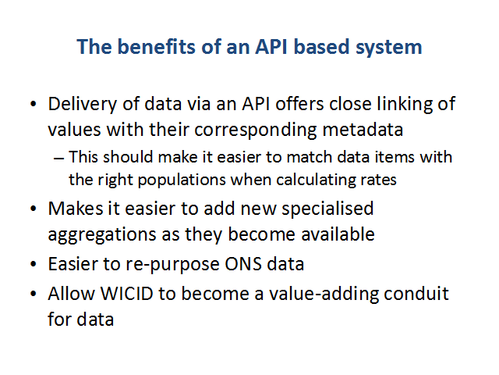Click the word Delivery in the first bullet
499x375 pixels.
click(x=83, y=105)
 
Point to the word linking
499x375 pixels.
click(x=405, y=105)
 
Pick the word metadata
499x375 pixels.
click(x=363, y=130)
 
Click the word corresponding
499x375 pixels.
click(x=256, y=130)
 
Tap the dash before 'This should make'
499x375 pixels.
click(x=59, y=158)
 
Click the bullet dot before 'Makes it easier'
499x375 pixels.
click(x=34, y=209)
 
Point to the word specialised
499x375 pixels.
click(x=327, y=209)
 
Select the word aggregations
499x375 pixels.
click(x=102, y=235)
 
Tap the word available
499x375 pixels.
click(x=338, y=234)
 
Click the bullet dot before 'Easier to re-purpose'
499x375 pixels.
click(x=34, y=264)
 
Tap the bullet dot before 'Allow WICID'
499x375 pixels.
click(x=34, y=294)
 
